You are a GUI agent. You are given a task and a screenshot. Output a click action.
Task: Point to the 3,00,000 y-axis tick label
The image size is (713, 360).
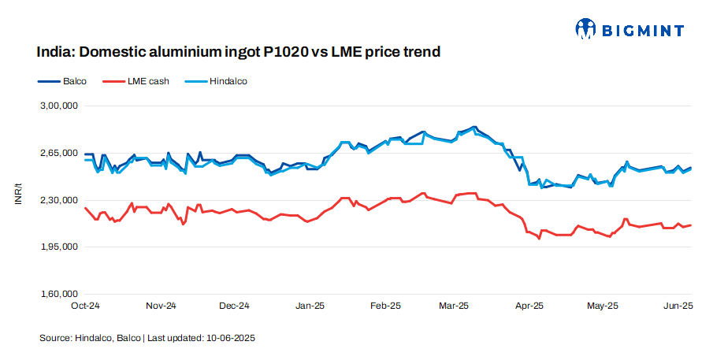(x=58, y=106)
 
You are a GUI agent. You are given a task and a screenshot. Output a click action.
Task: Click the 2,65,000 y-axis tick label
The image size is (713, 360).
(x=58, y=153)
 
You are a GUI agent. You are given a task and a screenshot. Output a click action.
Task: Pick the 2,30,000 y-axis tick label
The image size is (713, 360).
(x=58, y=200)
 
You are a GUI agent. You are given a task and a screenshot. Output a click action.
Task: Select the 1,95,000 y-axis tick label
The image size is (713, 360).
(x=58, y=247)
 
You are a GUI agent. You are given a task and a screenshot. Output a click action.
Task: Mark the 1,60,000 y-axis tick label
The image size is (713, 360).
(x=58, y=295)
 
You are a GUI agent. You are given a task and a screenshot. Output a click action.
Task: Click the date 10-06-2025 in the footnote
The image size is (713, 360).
(x=231, y=338)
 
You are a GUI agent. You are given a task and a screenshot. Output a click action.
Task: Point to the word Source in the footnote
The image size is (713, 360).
(x=54, y=338)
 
